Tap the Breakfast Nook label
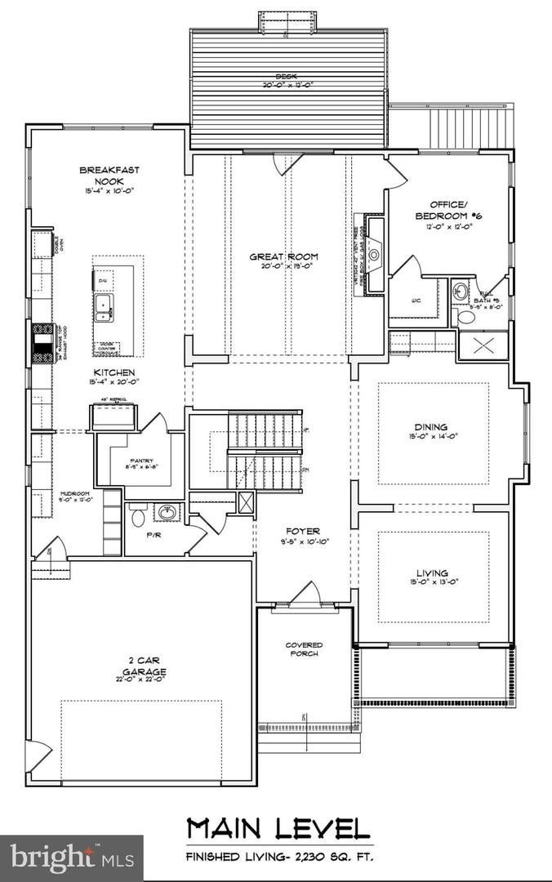(x=109, y=175)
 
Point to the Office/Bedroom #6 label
(x=449, y=209)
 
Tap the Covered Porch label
(x=304, y=649)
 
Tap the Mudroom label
(x=74, y=494)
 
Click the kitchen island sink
(x=104, y=305)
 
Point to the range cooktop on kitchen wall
(x=42, y=342)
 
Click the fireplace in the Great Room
(x=375, y=254)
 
